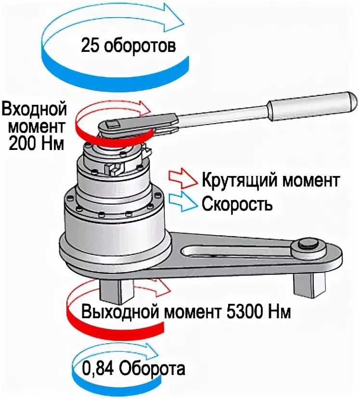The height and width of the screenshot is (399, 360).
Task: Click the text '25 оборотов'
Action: pos(128,47)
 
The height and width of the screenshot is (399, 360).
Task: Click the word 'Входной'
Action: pos(34,109)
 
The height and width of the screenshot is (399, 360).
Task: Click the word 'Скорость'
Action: pos(237,204)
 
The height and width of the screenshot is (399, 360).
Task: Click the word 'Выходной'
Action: pos(120,312)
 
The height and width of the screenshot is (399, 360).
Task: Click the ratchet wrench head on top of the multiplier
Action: pos(116,126)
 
